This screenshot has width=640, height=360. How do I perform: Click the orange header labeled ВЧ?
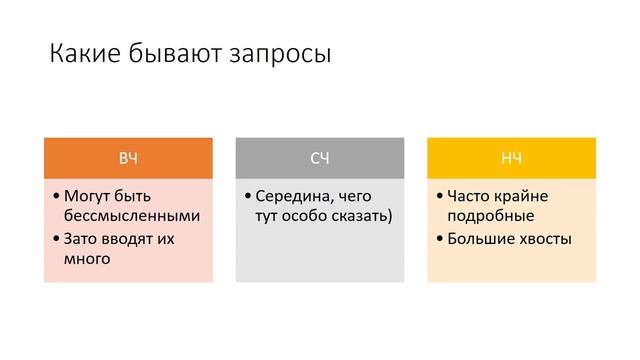128,159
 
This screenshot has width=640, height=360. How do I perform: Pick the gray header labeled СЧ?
320,159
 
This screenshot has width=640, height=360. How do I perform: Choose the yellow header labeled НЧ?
511,159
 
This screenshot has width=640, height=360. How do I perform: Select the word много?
86,259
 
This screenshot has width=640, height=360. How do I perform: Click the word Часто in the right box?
471,195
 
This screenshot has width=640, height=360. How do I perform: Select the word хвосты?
545,239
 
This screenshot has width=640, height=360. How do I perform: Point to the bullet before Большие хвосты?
440,239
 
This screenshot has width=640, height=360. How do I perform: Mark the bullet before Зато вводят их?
56,239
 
